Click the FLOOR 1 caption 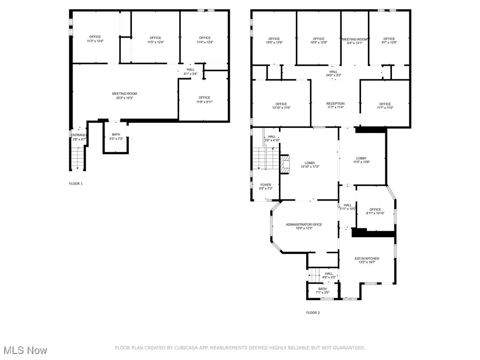(75, 184)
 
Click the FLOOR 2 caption (313, 313)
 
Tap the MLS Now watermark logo (24, 350)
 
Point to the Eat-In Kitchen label (367, 259)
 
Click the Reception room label (335, 104)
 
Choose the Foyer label (265, 185)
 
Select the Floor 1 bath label (115, 135)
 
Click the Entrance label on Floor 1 (79, 135)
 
